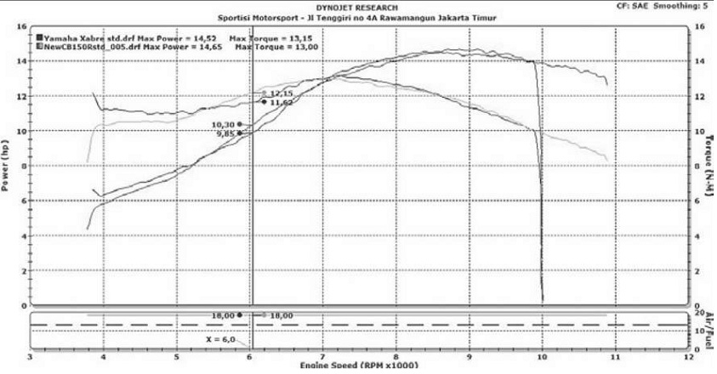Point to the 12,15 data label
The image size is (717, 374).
tap(282, 93)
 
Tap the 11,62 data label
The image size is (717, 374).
tap(282, 102)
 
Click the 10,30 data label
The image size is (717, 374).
tap(225, 124)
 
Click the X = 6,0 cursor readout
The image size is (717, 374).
tap(219, 338)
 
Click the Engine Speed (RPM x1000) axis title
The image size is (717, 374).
tap(357, 366)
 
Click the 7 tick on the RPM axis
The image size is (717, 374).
tap(322, 357)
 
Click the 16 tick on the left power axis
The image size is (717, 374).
tap(22, 26)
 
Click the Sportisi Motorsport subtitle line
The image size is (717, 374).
tap(358, 17)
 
